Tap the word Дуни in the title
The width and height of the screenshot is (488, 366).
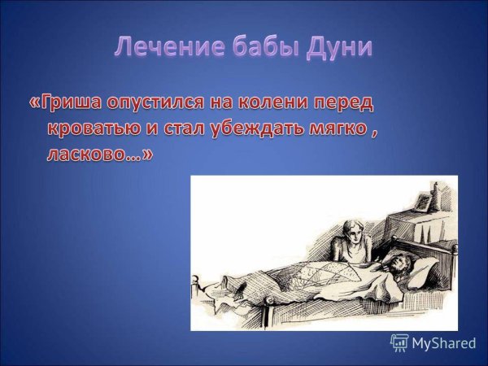(x=340, y=47)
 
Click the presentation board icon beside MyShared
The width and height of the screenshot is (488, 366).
(x=399, y=343)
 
